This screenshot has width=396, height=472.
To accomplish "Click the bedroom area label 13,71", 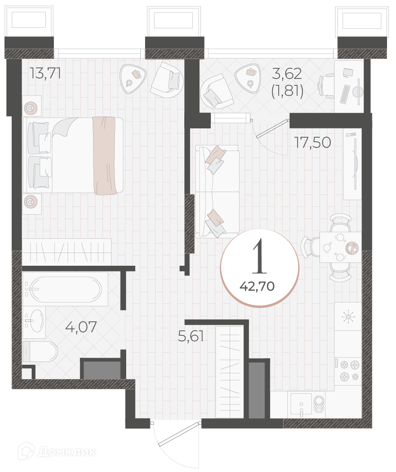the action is click(x=45, y=73).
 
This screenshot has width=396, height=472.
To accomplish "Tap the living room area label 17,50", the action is click(x=313, y=143).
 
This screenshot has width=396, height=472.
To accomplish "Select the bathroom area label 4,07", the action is click(x=81, y=327).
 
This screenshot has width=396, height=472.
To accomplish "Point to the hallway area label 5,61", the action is click(x=191, y=336).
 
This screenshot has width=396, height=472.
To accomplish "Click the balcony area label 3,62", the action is click(x=287, y=74).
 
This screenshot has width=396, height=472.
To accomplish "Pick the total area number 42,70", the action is click(x=257, y=287).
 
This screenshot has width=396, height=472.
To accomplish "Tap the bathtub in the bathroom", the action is click(x=66, y=289).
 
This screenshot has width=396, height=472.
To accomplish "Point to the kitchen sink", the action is click(x=301, y=405).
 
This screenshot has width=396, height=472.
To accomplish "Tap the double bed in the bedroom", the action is click(x=73, y=155).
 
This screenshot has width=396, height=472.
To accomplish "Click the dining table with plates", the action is click(x=341, y=247).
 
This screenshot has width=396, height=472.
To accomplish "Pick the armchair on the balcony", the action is click(x=216, y=91).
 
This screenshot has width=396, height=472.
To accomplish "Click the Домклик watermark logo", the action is click(x=57, y=452).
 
